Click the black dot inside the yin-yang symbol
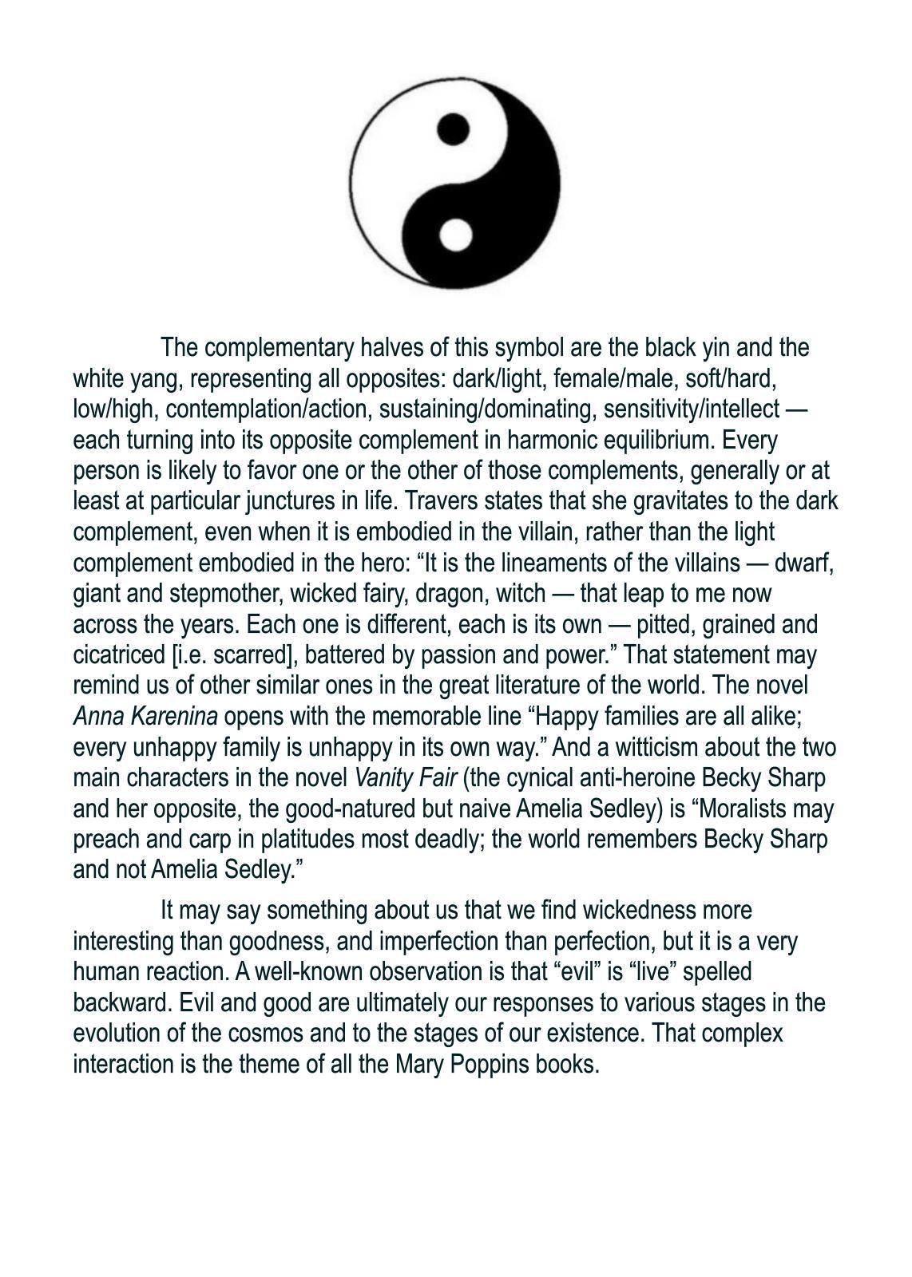(453, 129)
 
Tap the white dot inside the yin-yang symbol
(455, 235)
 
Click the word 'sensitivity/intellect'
(691, 409)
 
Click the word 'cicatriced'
(118, 655)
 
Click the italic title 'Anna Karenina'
(145, 717)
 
